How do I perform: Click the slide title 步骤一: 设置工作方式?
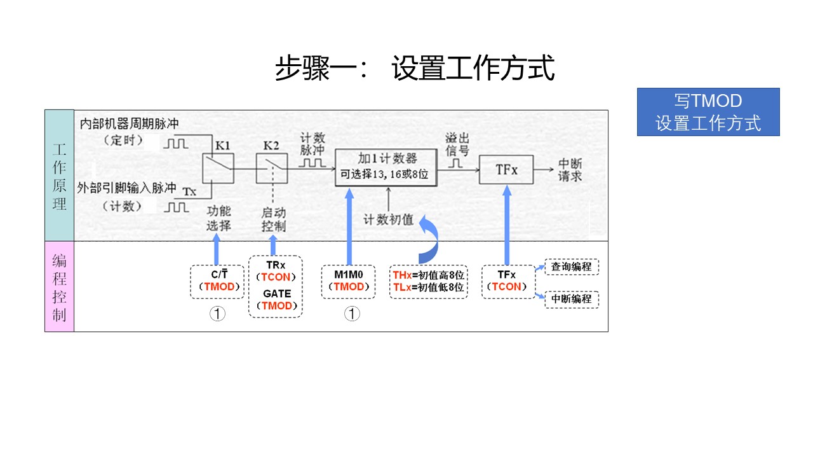415,69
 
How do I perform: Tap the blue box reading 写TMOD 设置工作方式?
708,112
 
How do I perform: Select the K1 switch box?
218,169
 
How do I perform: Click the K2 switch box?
271,169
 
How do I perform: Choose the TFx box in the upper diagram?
506,170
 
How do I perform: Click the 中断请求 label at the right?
570,169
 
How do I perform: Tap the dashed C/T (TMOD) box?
217,281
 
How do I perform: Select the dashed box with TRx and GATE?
275,286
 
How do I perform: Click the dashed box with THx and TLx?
429,281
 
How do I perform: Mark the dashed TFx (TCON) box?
506,281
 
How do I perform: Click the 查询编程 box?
572,267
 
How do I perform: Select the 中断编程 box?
572,300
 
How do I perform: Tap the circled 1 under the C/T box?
217,314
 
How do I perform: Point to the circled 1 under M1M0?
352,314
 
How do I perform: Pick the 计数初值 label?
388,220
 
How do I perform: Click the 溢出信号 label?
457,144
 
